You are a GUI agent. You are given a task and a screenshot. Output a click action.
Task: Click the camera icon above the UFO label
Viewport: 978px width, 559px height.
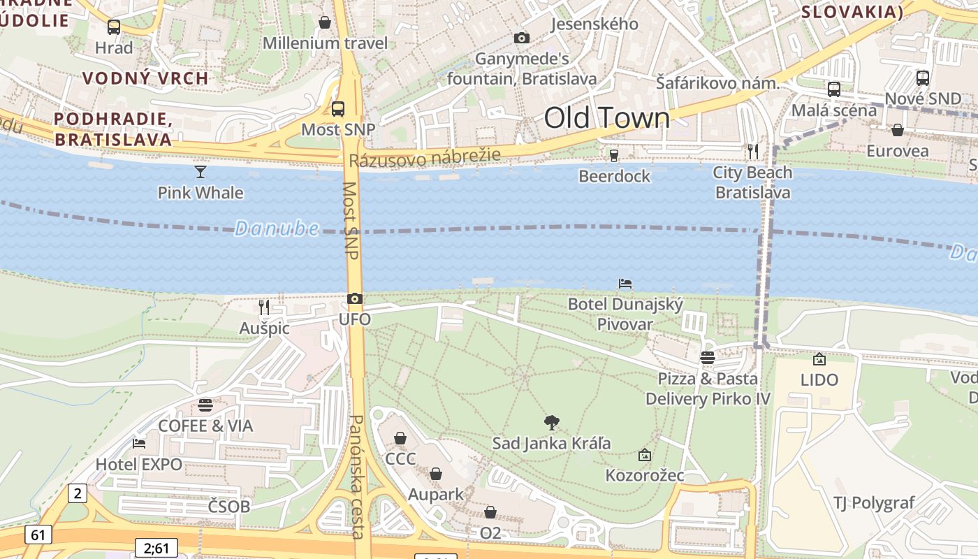(x=355, y=299)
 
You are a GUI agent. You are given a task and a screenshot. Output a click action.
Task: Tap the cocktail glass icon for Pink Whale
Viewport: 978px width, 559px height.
(x=200, y=171)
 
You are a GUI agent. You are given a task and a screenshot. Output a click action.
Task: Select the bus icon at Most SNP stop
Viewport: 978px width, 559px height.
(x=338, y=108)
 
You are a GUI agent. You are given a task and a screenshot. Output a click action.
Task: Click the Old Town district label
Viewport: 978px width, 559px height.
(x=606, y=118)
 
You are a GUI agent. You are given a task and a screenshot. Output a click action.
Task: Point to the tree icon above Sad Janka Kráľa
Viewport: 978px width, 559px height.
(x=552, y=422)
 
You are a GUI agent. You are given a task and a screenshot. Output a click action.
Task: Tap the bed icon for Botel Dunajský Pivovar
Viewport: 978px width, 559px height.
(x=625, y=284)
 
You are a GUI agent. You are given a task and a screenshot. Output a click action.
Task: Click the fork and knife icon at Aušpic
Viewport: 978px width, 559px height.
(x=264, y=307)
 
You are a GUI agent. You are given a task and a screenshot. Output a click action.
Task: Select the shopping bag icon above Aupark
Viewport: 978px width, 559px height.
(x=436, y=474)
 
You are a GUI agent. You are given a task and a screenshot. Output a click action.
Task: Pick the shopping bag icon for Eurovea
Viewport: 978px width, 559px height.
(x=898, y=130)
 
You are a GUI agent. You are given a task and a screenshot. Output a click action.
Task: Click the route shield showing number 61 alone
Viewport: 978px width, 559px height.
(x=38, y=535)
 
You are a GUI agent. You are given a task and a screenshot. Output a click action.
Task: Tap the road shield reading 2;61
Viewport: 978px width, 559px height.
(x=156, y=548)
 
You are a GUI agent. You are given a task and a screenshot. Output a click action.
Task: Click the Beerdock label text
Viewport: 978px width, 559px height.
(x=615, y=176)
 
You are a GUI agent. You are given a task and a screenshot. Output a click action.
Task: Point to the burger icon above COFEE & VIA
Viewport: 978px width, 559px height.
(x=205, y=405)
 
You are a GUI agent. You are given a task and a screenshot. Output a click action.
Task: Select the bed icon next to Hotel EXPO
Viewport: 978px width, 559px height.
(x=139, y=443)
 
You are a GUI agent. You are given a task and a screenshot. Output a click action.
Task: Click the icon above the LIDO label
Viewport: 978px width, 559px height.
(x=819, y=359)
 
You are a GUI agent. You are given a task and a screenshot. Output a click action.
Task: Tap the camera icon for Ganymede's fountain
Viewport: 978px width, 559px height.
(x=522, y=38)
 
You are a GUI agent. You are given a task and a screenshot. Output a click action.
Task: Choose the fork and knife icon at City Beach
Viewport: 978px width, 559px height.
(x=752, y=151)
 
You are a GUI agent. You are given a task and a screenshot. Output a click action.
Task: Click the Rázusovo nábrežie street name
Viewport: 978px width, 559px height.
(x=425, y=157)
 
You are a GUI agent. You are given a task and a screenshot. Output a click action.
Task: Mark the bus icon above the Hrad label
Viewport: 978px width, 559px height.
(x=114, y=27)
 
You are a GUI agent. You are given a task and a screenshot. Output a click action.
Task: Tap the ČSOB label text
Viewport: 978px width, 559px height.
(x=228, y=507)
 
